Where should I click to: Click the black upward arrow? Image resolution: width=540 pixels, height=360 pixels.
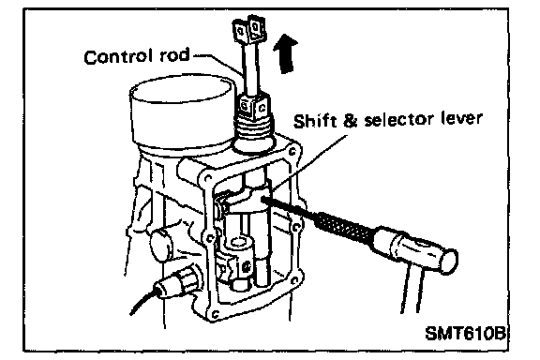coord(286,53)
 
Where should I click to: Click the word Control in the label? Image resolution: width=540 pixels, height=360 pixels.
coord(118,57)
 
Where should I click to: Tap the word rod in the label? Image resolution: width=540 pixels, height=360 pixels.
coord(175,55)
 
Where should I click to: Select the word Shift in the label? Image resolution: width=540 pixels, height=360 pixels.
coord(314,121)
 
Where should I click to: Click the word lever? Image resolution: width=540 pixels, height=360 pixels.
coord(462,118)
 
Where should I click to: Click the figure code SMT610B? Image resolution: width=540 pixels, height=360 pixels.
coord(465,333)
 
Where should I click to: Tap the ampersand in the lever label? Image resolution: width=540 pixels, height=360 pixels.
coord(350,121)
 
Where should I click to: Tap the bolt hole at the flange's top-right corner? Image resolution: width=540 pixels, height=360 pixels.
coord(292,151)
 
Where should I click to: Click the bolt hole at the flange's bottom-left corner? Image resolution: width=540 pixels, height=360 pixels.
coord(216,314)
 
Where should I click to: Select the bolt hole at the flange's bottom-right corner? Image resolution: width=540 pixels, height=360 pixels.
coord(294,280)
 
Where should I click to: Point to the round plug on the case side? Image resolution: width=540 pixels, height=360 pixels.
coord(162,245)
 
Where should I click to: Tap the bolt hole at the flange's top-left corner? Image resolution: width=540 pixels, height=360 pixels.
coord(208,179)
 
